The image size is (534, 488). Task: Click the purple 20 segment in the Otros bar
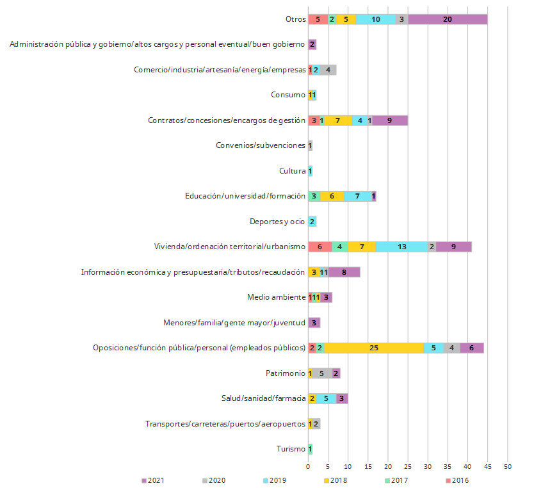point(448,19)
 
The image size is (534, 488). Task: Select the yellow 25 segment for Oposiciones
point(374,348)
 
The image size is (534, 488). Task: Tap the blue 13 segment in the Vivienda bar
point(401,247)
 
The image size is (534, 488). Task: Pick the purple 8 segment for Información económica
point(344,272)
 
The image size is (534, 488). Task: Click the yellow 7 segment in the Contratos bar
point(338,120)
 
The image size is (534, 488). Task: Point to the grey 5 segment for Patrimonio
point(322,373)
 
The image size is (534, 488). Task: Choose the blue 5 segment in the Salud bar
point(326,398)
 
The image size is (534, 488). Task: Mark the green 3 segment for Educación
point(314,196)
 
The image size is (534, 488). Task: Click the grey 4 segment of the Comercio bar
point(328,70)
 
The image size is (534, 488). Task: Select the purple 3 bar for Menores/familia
point(314,322)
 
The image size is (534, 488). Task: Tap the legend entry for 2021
point(152,480)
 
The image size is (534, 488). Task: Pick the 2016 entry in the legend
point(455,480)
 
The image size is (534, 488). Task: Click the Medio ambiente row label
point(276,297)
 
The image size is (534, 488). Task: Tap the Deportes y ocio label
point(277,222)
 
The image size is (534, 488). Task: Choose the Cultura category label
point(292,171)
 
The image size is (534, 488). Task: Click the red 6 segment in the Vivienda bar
point(320,247)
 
